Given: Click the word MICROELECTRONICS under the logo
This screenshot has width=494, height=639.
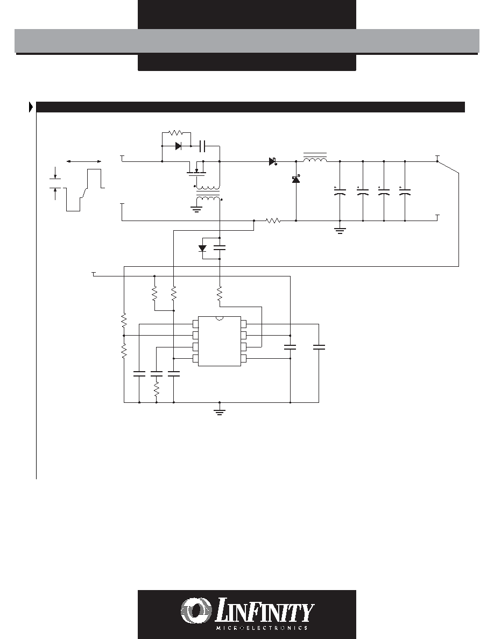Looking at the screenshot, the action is click(262, 628).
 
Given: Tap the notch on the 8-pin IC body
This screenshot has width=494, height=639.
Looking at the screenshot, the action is click(220, 318).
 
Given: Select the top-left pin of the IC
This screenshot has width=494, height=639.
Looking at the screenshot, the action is click(196, 324).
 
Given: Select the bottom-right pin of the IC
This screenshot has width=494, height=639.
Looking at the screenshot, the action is click(244, 359).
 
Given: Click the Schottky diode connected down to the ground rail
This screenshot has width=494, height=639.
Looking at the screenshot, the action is click(296, 179).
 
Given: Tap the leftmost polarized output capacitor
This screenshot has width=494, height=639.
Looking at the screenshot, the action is click(340, 191).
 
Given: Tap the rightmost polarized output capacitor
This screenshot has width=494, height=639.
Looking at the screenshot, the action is click(405, 191).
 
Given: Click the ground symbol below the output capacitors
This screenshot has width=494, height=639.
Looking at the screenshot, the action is click(340, 230).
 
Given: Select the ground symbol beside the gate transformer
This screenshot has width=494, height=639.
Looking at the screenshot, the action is click(196, 210).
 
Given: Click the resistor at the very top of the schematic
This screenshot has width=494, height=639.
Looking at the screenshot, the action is click(177, 132).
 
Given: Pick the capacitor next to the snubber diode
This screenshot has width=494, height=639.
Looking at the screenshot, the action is click(203, 145).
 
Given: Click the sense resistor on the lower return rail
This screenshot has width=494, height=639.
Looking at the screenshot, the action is click(273, 221).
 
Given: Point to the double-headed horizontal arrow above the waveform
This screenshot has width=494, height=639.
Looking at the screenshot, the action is click(84, 162).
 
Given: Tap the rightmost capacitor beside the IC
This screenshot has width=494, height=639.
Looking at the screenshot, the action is click(319, 347).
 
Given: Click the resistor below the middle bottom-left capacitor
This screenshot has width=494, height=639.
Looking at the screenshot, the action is click(157, 389).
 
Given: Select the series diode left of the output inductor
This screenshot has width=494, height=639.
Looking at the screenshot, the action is click(273, 161).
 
